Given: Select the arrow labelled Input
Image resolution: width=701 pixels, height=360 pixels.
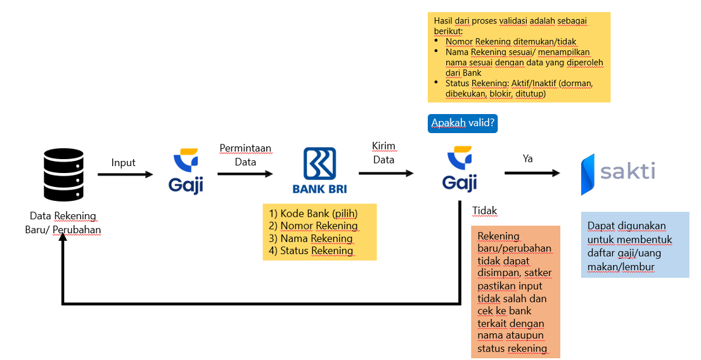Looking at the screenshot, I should pyautogui.click(x=125, y=174).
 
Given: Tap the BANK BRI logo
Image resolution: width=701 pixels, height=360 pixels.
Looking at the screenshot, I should pyautogui.click(x=319, y=170).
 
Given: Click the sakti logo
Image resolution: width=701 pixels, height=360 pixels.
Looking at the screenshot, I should pyautogui.click(x=618, y=173).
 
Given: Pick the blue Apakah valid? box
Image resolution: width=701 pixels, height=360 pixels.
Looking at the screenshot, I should pyautogui.click(x=463, y=123).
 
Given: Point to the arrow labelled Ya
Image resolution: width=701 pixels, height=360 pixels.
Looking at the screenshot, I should pyautogui.click(x=532, y=173).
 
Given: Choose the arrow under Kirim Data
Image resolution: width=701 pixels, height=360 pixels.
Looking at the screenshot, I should pyautogui.click(x=385, y=173).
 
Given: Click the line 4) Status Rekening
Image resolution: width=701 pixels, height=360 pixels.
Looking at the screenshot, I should pyautogui.click(x=311, y=250).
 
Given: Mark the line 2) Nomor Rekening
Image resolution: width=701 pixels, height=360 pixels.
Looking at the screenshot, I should pyautogui.click(x=313, y=226).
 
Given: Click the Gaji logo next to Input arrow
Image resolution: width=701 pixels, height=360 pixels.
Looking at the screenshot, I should pyautogui.click(x=185, y=170).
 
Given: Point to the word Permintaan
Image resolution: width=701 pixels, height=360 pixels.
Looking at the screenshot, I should pyautogui.click(x=245, y=149).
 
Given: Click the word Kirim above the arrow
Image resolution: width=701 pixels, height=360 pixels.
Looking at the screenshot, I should pyautogui.click(x=383, y=147).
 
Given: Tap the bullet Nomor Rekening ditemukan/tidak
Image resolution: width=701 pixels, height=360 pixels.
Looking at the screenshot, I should pyautogui.click(x=511, y=42).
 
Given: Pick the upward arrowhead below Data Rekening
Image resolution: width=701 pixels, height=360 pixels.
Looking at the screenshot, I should pyautogui.click(x=63, y=249).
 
